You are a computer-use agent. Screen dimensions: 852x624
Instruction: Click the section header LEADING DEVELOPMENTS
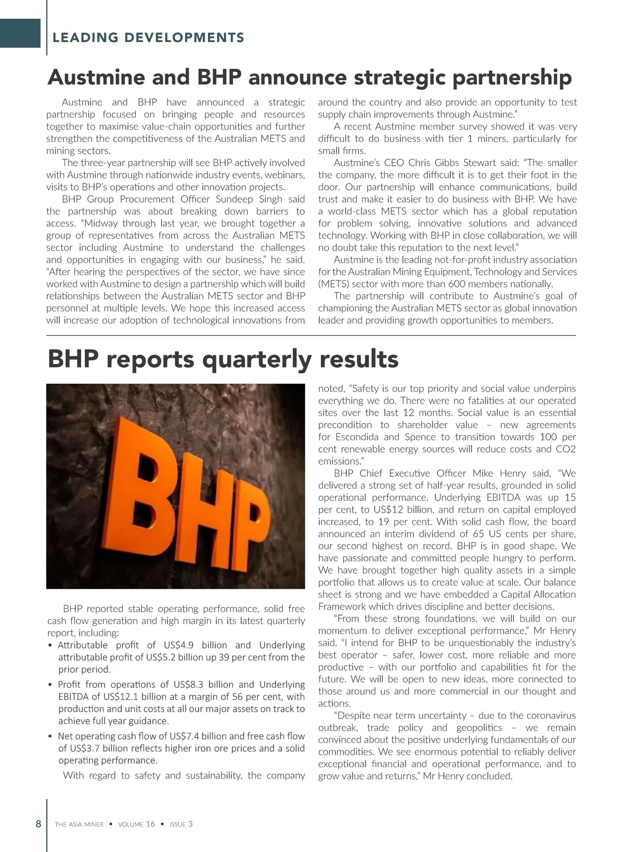click(x=148, y=37)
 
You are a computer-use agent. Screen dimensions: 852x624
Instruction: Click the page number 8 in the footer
click(x=38, y=824)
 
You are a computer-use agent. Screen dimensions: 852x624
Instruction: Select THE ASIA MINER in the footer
click(x=79, y=824)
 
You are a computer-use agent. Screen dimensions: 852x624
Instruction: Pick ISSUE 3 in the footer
click(x=181, y=824)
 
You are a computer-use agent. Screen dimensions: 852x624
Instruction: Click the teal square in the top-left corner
click(x=20, y=33)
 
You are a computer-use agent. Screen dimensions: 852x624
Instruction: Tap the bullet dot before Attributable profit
click(x=50, y=646)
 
